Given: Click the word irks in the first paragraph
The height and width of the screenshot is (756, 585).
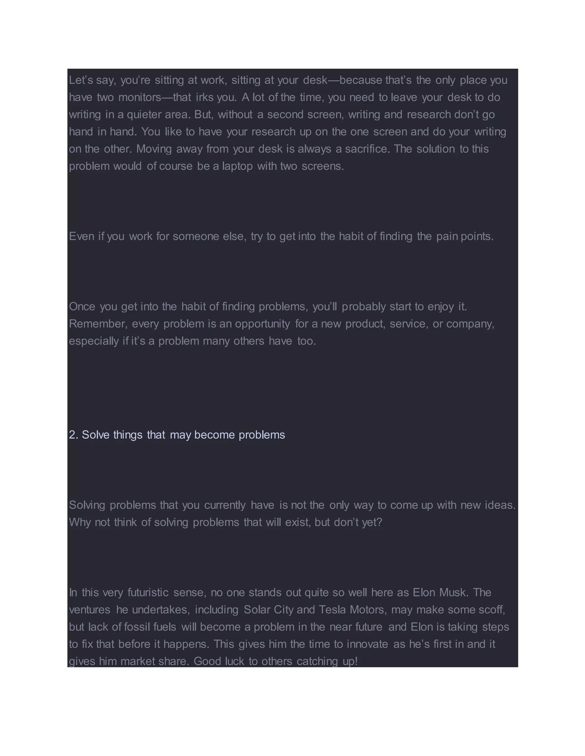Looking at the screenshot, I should (x=205, y=97).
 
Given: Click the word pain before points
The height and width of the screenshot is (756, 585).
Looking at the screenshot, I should (x=447, y=236).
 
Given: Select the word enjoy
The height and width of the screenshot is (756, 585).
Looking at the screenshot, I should (x=441, y=307).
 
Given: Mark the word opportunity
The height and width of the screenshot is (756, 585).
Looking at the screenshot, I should (x=262, y=324).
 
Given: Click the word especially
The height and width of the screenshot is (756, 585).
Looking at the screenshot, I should (x=94, y=341).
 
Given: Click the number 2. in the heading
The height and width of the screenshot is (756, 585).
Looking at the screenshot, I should (x=73, y=435).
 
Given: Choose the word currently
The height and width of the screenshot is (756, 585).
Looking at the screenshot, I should (x=225, y=505).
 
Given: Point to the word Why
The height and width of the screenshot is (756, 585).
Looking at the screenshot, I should (x=80, y=522).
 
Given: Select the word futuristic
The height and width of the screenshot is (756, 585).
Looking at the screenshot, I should (x=148, y=593).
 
